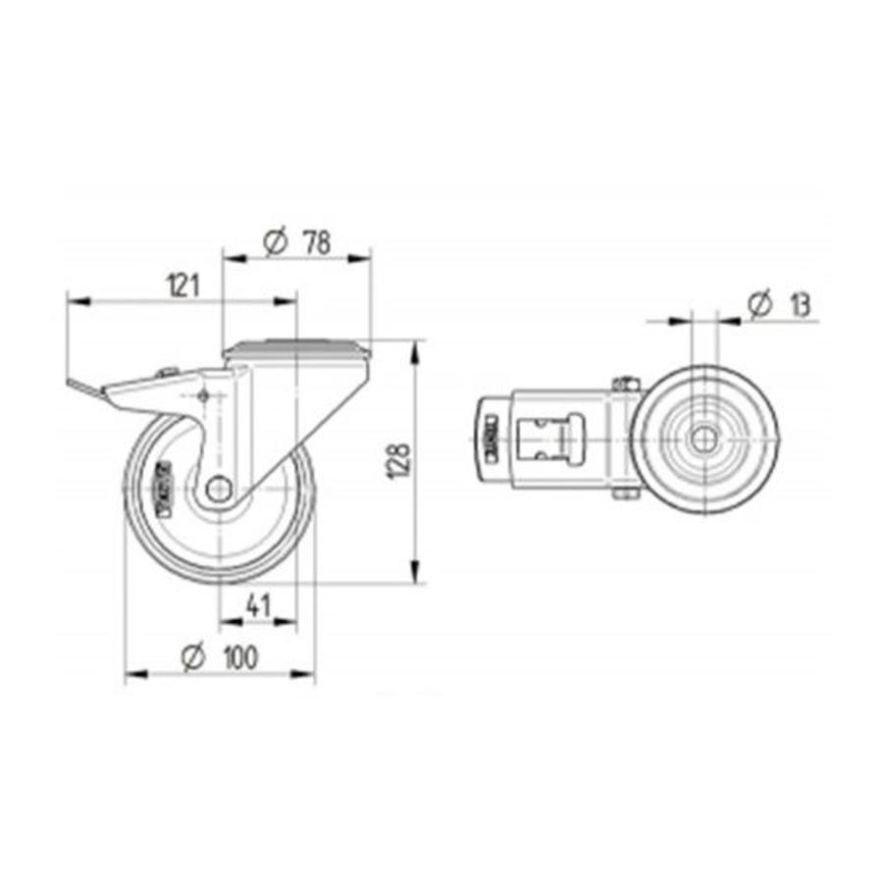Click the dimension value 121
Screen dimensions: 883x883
point(183,286)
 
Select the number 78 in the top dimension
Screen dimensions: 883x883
point(316,242)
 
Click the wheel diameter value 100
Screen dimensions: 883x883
point(235,659)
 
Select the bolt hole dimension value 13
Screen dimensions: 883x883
point(799,305)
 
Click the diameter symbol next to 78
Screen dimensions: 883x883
point(276,242)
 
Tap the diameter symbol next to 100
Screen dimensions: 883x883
point(192,659)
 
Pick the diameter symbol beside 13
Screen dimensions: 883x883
point(758,305)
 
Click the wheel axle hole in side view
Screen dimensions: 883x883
point(219,487)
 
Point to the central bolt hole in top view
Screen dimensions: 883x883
point(702,440)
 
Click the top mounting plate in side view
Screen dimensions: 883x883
point(297,349)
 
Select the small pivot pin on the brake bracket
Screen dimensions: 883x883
point(203,395)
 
